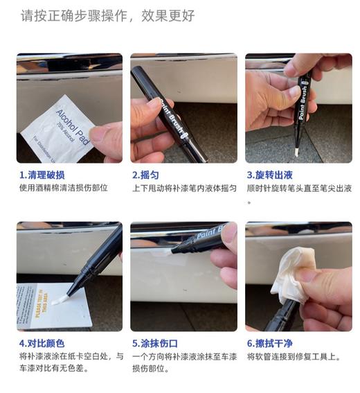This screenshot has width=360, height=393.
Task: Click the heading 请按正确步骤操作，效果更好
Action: (x=107, y=16)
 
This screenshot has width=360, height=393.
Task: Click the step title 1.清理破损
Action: (x=42, y=175)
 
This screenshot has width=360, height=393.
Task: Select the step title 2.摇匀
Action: (x=145, y=175)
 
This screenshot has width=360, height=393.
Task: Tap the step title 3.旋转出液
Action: (x=270, y=175)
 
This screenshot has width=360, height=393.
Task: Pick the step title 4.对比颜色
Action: (x=42, y=343)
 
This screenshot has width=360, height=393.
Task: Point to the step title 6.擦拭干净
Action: (x=270, y=343)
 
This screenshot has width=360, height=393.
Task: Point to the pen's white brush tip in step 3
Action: (x=296, y=148)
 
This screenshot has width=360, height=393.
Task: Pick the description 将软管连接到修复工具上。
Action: (x=295, y=356)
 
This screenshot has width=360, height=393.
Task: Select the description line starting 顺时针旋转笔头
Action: (x=298, y=188)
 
